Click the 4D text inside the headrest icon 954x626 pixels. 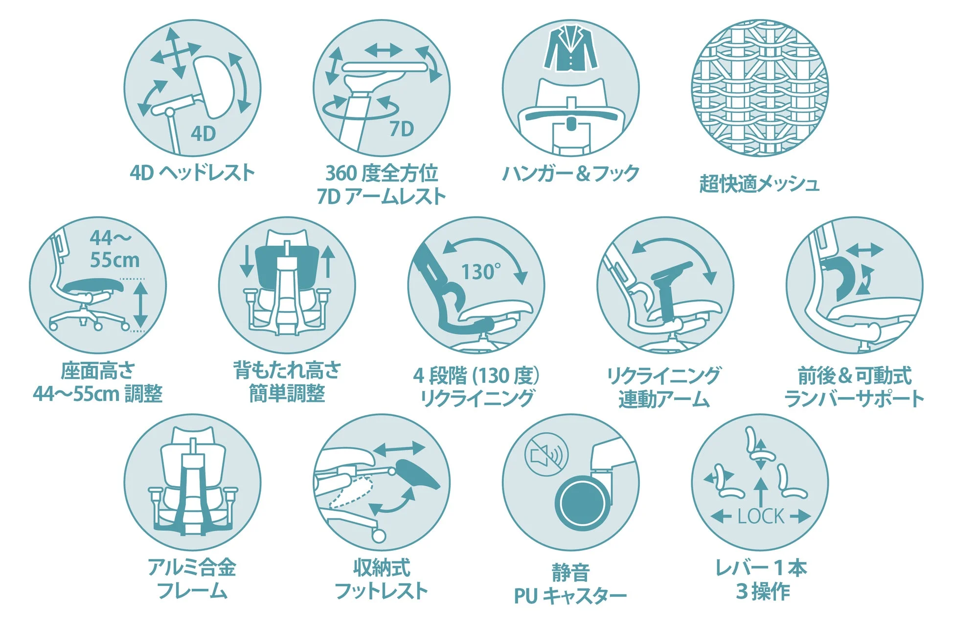coord(203,133)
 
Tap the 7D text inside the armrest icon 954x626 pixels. coord(401,129)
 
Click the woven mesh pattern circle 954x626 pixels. coord(759,88)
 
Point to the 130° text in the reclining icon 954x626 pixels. coord(481,272)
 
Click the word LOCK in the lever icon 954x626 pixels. coord(760,516)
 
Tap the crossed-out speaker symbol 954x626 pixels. coord(546,454)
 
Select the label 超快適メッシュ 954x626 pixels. coord(759,184)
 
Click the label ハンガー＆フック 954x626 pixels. coord(570,173)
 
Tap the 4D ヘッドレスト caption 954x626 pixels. coord(192,172)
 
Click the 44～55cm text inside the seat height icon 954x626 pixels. coord(114,249)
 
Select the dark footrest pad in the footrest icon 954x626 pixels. coord(417,473)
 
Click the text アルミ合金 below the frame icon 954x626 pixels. coord(192,567)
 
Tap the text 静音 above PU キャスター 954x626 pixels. coord(570,572)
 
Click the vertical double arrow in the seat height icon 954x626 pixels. coord(140,305)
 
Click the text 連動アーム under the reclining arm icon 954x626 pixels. coord(663,399)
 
